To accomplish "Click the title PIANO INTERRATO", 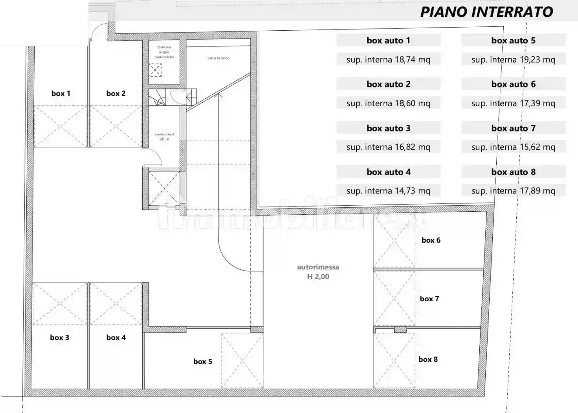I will pos(486,12).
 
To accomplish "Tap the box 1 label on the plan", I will pos(61,94).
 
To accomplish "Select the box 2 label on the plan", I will pos(116,94).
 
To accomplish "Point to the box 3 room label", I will pos(59,337).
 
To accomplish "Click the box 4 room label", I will pos(116,337).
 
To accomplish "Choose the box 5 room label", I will pos(203,361).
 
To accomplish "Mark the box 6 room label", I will pos(431,240).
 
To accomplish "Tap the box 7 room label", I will pos(429,299).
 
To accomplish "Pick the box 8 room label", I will pos(428,360).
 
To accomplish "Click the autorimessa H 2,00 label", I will pos(318,272).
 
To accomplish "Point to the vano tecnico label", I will pos(218,58).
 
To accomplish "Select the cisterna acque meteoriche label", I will pos(164,52).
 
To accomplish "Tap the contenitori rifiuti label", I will pos(164,136).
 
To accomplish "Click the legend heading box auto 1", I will pos(388,41).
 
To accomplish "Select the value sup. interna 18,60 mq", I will pos(388,103).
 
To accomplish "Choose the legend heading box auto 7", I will pos(513,128).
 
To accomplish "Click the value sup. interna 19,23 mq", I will pos(513,60).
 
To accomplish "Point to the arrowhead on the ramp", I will pos(219,94).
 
